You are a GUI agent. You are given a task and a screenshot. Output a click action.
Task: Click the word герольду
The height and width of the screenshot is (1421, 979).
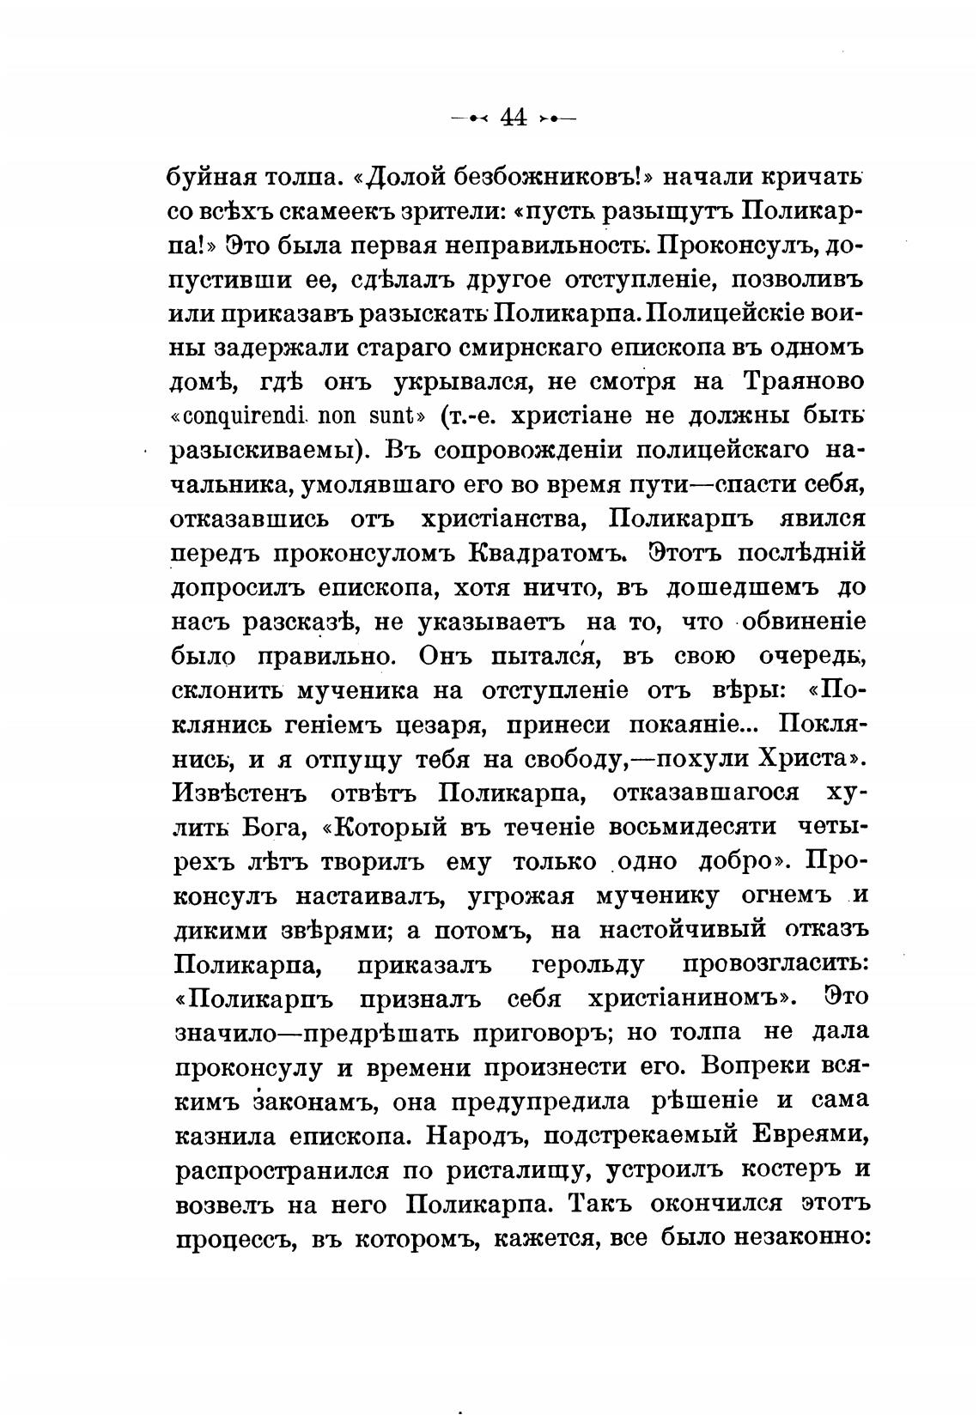coord(587,966)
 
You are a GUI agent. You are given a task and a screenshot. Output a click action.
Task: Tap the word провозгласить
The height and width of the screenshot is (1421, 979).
coord(775,966)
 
